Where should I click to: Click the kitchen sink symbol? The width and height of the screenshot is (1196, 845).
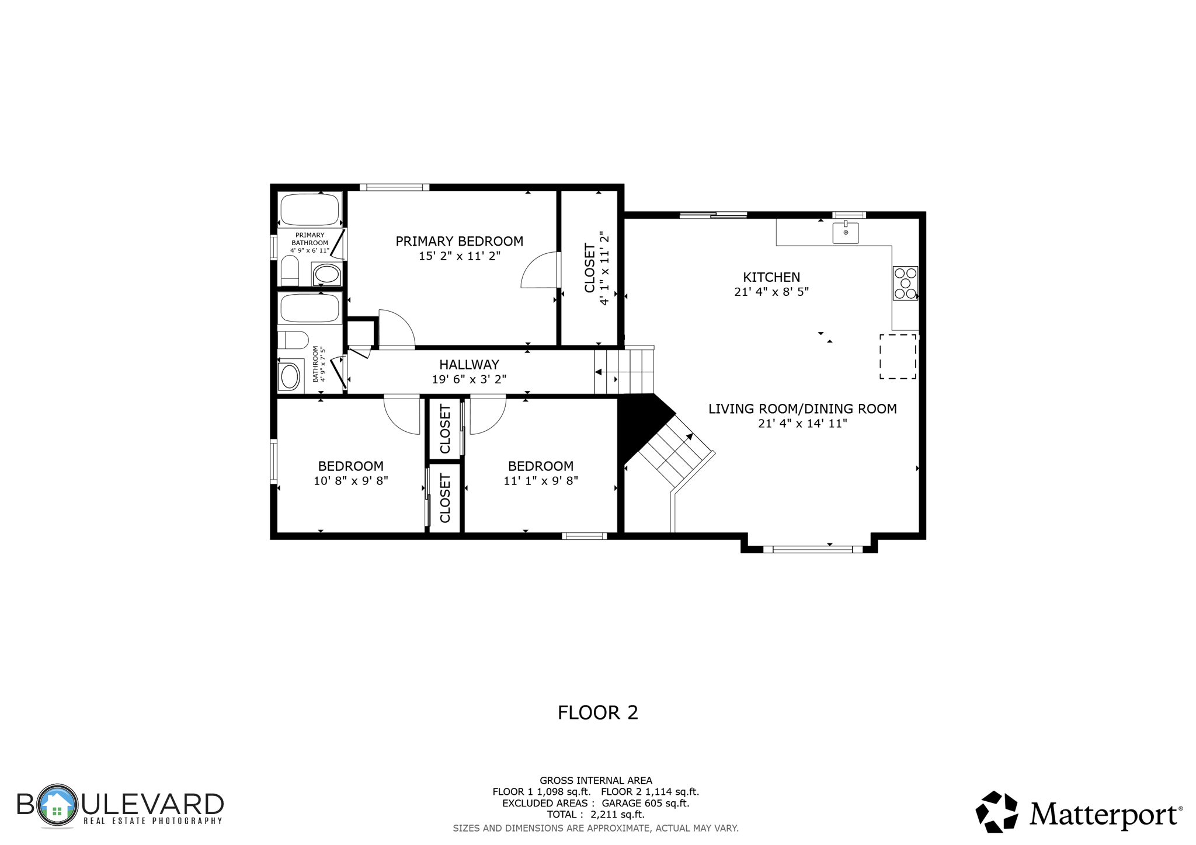point(845,232)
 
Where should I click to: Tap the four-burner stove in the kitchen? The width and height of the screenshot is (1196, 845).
point(905,283)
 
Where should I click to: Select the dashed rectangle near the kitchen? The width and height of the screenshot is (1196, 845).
point(898,357)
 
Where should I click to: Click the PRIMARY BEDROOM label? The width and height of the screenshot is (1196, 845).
point(459,241)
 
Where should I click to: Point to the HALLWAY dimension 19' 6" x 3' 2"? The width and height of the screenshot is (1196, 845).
point(469,379)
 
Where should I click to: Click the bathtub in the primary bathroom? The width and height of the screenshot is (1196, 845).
point(310,209)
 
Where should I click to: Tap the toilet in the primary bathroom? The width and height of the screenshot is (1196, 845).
point(290,271)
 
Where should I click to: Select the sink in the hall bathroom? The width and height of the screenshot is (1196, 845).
point(290,376)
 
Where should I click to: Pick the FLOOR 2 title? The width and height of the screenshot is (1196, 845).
point(597,713)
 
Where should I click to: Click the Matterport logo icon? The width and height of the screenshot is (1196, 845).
point(997,812)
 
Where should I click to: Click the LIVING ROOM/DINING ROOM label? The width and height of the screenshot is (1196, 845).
point(802,409)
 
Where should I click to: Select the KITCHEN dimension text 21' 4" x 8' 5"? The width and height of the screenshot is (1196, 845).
point(771,292)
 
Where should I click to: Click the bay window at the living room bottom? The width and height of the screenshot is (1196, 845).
point(812,549)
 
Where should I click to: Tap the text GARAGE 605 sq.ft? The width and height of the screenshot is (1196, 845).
point(645,803)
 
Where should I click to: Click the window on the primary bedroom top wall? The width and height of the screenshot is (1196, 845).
point(394,187)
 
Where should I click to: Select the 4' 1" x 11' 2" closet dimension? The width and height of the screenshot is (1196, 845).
point(604,268)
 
